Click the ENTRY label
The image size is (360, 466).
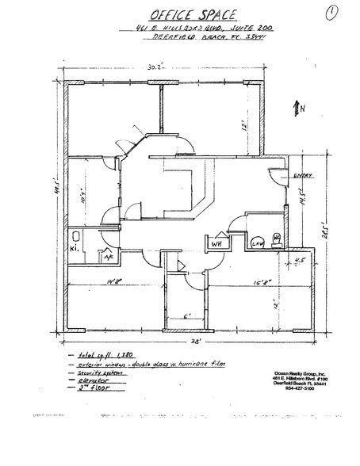click(301, 176)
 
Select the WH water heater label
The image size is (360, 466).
click(216, 243)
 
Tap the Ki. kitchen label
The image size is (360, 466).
click(74, 247)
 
